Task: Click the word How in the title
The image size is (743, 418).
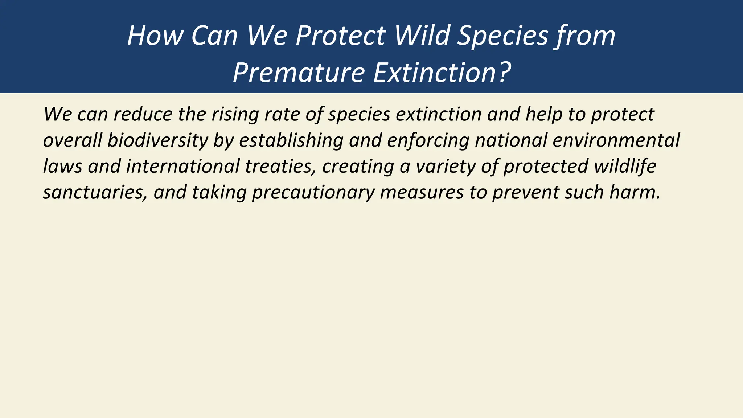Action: (155, 36)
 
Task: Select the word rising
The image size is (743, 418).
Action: (235, 114)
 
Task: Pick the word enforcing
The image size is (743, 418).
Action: (428, 140)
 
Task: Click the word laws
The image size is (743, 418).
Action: (62, 167)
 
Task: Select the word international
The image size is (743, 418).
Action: (183, 167)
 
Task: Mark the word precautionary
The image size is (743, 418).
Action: (313, 193)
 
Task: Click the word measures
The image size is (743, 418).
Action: (422, 193)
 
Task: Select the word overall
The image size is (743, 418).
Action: (72, 140)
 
